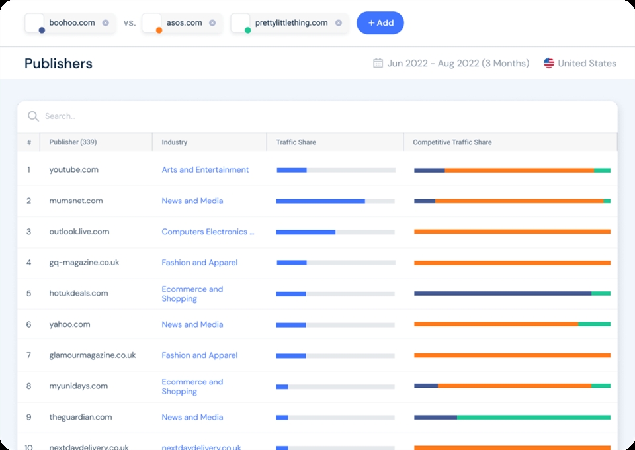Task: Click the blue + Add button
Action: (380, 23)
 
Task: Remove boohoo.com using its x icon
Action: (106, 23)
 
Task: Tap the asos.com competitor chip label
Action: (185, 23)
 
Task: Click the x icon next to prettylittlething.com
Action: (339, 23)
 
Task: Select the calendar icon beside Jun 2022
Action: (378, 64)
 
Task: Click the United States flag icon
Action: (549, 64)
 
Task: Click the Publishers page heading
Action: (58, 64)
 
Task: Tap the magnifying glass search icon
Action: (33, 116)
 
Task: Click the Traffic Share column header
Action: (296, 142)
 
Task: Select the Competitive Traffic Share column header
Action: (452, 142)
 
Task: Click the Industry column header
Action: (175, 142)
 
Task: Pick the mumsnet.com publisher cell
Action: (76, 201)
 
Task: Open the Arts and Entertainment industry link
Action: (205, 170)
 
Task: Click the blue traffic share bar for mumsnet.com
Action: (320, 201)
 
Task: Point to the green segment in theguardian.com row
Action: (533, 418)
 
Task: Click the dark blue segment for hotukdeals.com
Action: (503, 294)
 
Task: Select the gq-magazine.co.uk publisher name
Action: (84, 263)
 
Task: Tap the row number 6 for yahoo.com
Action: (29, 325)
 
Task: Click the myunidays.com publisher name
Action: (78, 386)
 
